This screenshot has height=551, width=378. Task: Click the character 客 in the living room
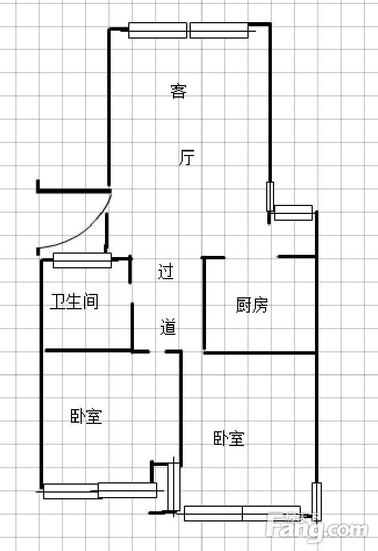(178, 91)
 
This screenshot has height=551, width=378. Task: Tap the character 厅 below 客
(187, 157)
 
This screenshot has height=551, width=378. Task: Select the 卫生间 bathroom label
(74, 301)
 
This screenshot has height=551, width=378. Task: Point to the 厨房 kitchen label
(252, 305)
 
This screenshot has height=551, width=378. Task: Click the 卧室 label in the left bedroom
(86, 416)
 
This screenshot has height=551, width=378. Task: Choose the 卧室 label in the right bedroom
(229, 438)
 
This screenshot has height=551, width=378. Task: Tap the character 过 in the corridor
(166, 271)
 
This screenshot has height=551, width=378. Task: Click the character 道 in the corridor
(168, 327)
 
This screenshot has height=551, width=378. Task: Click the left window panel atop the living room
(158, 30)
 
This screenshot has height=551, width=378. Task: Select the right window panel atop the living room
(219, 30)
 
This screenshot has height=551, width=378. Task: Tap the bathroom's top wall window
(82, 260)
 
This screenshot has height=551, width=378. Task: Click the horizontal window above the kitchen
(293, 213)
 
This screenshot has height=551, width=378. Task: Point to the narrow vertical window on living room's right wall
(270, 196)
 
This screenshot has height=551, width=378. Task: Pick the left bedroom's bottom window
(100, 490)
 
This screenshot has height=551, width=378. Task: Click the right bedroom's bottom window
(242, 514)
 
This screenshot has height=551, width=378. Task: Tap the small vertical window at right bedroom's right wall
(317, 502)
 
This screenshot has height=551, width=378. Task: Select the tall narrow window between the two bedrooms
(174, 487)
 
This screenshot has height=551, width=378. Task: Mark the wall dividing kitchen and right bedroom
(259, 352)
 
